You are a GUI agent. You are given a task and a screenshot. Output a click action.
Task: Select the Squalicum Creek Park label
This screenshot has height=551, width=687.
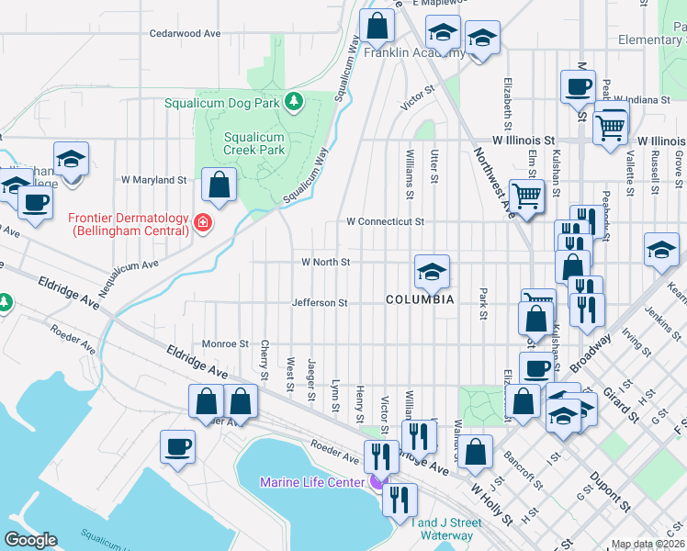(254, 144)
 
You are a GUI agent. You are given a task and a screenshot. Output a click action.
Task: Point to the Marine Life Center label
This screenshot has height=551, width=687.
(312, 482)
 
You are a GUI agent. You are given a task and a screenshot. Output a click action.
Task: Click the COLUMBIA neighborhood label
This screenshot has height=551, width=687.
(420, 300)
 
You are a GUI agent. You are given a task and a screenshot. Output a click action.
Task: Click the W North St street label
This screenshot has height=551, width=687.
(326, 262)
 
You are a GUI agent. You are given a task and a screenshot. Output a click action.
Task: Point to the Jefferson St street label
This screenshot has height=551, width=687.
(319, 302)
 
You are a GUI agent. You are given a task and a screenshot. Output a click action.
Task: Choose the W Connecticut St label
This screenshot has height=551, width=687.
(385, 221)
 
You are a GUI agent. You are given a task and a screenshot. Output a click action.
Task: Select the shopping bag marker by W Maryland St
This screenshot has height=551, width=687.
(220, 186)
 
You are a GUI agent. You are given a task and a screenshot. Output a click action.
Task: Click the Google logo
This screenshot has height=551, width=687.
(30, 541)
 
